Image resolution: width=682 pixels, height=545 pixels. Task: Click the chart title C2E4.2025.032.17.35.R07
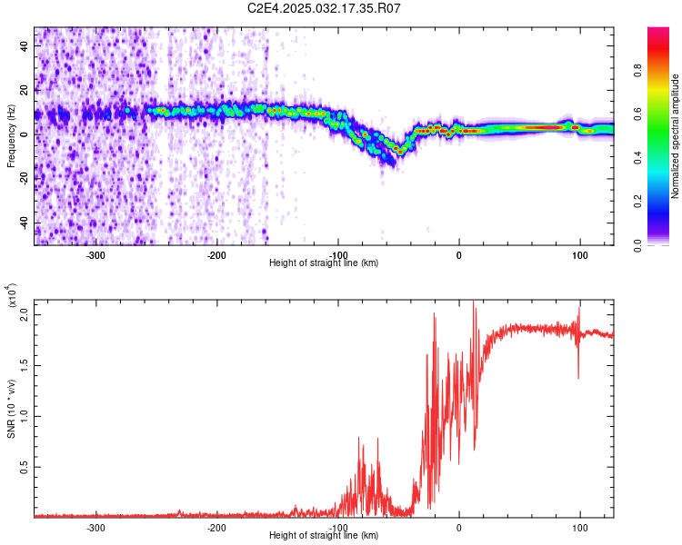click(x=325, y=8)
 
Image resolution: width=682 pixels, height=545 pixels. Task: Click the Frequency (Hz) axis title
click(x=12, y=136)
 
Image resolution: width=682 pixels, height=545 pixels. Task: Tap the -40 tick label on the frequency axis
click(x=25, y=223)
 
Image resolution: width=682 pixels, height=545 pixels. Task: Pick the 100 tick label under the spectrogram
click(x=579, y=254)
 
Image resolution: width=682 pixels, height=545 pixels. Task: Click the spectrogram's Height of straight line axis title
click(x=324, y=263)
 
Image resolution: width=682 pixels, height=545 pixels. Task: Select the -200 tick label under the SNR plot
click(x=216, y=527)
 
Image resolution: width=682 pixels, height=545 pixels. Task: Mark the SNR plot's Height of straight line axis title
click(x=324, y=536)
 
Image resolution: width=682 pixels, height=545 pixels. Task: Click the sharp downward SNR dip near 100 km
click(x=578, y=378)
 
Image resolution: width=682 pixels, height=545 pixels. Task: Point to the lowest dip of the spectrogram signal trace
click(x=397, y=152)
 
